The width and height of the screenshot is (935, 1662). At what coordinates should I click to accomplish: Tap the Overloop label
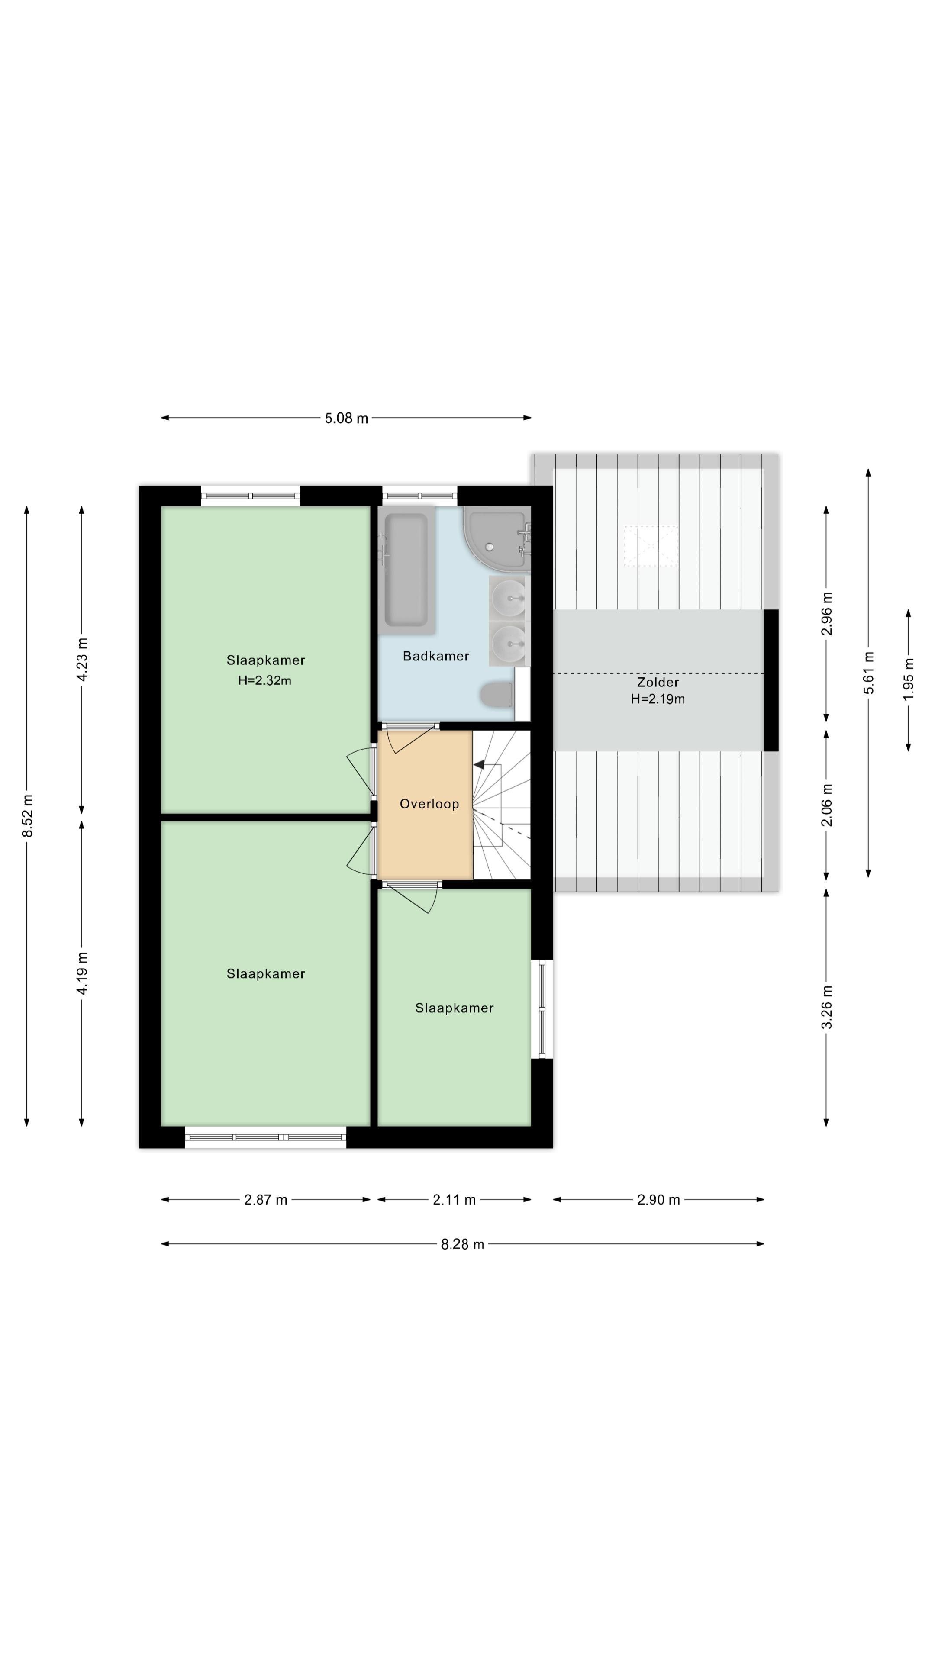click(429, 804)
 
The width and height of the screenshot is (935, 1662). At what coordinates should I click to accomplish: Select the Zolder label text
click(658, 682)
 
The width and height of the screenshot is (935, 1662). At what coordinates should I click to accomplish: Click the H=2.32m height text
click(264, 680)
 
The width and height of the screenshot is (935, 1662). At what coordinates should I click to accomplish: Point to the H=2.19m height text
click(658, 699)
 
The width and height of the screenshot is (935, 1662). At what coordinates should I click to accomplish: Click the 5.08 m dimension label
click(346, 418)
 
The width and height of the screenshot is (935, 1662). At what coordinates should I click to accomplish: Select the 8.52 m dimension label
click(27, 816)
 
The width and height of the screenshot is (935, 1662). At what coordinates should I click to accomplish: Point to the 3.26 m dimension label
click(827, 1008)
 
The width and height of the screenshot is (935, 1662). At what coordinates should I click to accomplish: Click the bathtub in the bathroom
click(406, 570)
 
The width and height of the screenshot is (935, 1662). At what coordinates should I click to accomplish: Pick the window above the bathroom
click(420, 496)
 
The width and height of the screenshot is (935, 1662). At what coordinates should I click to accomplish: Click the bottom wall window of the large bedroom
click(266, 1137)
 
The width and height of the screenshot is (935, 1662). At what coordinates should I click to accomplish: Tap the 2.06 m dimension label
click(827, 805)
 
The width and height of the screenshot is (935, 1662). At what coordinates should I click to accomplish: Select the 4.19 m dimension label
click(82, 973)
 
